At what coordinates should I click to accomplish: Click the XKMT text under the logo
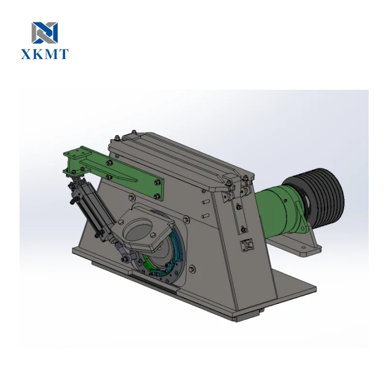tap(45, 54)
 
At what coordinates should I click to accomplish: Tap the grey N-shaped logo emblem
tap(45, 32)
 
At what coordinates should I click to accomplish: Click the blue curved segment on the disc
tap(178, 247)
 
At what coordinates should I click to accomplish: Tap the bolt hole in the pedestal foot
tap(304, 249)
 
